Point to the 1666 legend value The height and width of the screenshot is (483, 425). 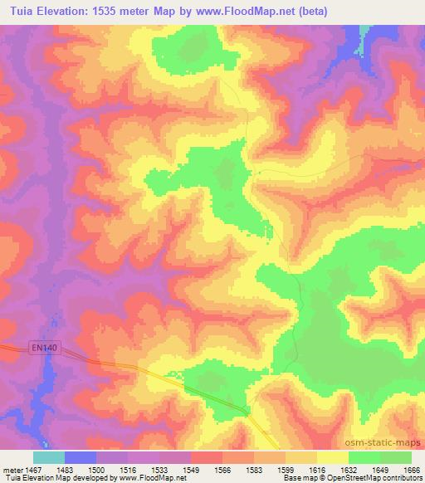click(412, 470)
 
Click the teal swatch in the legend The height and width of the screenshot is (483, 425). click(49, 457)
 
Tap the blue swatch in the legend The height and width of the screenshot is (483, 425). click(81, 457)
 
